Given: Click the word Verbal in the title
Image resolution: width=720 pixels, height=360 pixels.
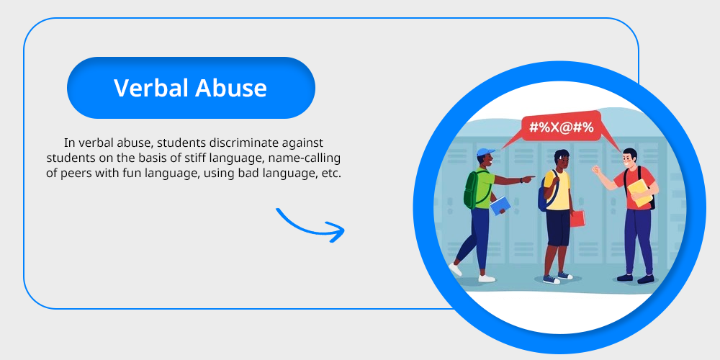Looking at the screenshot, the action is pyautogui.click(x=151, y=88).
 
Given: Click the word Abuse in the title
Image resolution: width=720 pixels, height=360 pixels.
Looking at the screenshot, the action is pyautogui.click(x=231, y=88).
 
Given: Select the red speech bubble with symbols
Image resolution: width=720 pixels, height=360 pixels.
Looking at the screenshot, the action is pyautogui.click(x=561, y=130).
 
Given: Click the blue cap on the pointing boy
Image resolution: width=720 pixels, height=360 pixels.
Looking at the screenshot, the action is pyautogui.click(x=485, y=152).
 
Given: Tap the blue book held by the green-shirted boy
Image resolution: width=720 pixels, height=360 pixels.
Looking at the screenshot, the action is pyautogui.click(x=500, y=205).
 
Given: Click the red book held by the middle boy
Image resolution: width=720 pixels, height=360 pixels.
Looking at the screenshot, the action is pyautogui.click(x=577, y=218).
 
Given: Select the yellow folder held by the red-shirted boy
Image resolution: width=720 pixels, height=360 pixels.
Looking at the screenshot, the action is pyautogui.click(x=639, y=192).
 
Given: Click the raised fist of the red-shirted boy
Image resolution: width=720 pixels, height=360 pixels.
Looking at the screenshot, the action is pyautogui.click(x=596, y=170).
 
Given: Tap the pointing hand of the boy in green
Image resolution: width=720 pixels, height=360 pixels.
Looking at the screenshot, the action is pyautogui.click(x=529, y=178).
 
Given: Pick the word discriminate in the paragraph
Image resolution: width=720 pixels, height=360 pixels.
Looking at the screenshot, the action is pyautogui.click(x=245, y=143).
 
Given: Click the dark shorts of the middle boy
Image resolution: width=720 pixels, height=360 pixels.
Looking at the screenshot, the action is pyautogui.click(x=557, y=228).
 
